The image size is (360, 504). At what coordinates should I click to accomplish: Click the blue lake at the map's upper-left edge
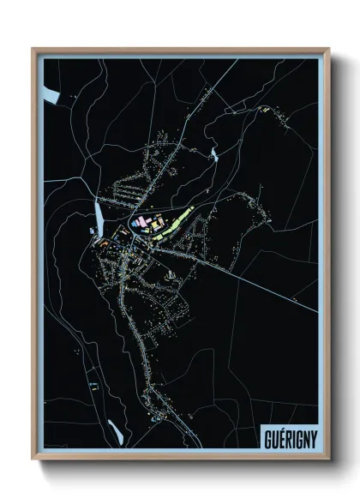click(x=50, y=90)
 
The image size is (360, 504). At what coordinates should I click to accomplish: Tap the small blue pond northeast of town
click(x=213, y=155)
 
